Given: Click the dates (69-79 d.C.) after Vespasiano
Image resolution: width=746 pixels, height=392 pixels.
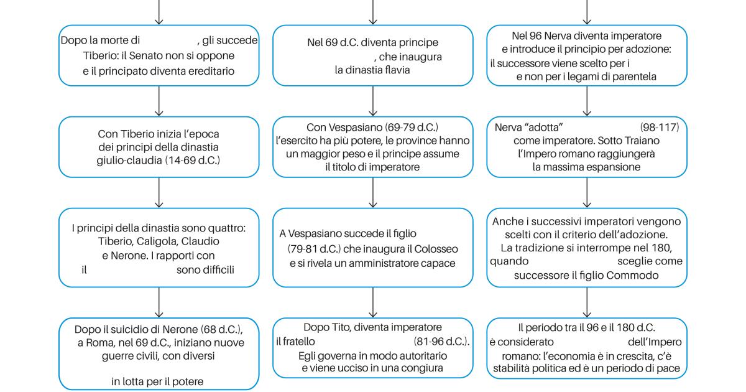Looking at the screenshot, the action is pyautogui.click(x=412, y=128).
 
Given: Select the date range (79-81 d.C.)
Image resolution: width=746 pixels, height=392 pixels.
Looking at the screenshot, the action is pyautogui.click(x=314, y=249).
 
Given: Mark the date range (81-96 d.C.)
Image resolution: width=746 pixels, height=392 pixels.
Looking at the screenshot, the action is pyautogui.click(x=441, y=342).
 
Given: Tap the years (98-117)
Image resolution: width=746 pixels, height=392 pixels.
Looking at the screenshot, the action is pyautogui.click(x=660, y=128).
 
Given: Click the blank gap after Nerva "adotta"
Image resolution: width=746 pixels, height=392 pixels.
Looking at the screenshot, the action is pyautogui.click(x=601, y=128).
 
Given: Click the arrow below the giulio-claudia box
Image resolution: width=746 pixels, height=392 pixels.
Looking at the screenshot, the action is pyautogui.click(x=159, y=193).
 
